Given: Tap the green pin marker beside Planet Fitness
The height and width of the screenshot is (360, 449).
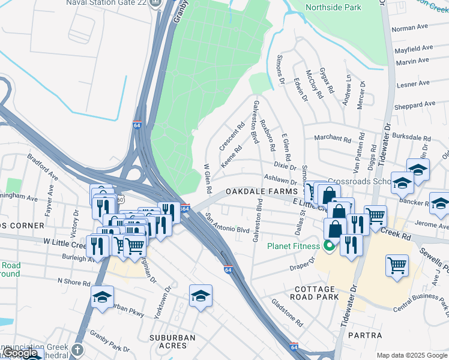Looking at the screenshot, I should [x=328, y=246].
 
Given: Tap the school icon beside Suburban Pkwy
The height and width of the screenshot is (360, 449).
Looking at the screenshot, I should [x=103, y=296].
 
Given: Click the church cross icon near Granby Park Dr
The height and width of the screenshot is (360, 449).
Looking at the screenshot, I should [x=77, y=349].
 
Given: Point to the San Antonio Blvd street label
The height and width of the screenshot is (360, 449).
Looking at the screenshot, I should [x=227, y=223].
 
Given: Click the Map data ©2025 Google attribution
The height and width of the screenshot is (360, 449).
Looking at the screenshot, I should [x=412, y=355].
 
